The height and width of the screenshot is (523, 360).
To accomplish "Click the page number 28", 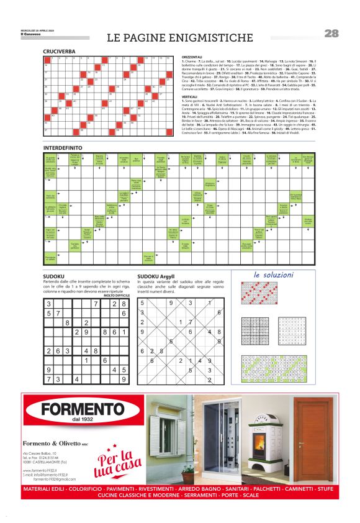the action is (x=331, y=34).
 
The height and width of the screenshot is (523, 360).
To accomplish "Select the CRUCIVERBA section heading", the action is (x=60, y=51).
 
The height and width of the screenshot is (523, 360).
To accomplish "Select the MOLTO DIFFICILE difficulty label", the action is (x=116, y=295).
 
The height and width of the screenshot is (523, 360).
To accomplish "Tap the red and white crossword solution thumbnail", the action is (x=259, y=293).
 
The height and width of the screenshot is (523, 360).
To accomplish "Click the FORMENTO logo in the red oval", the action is (x=83, y=410).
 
